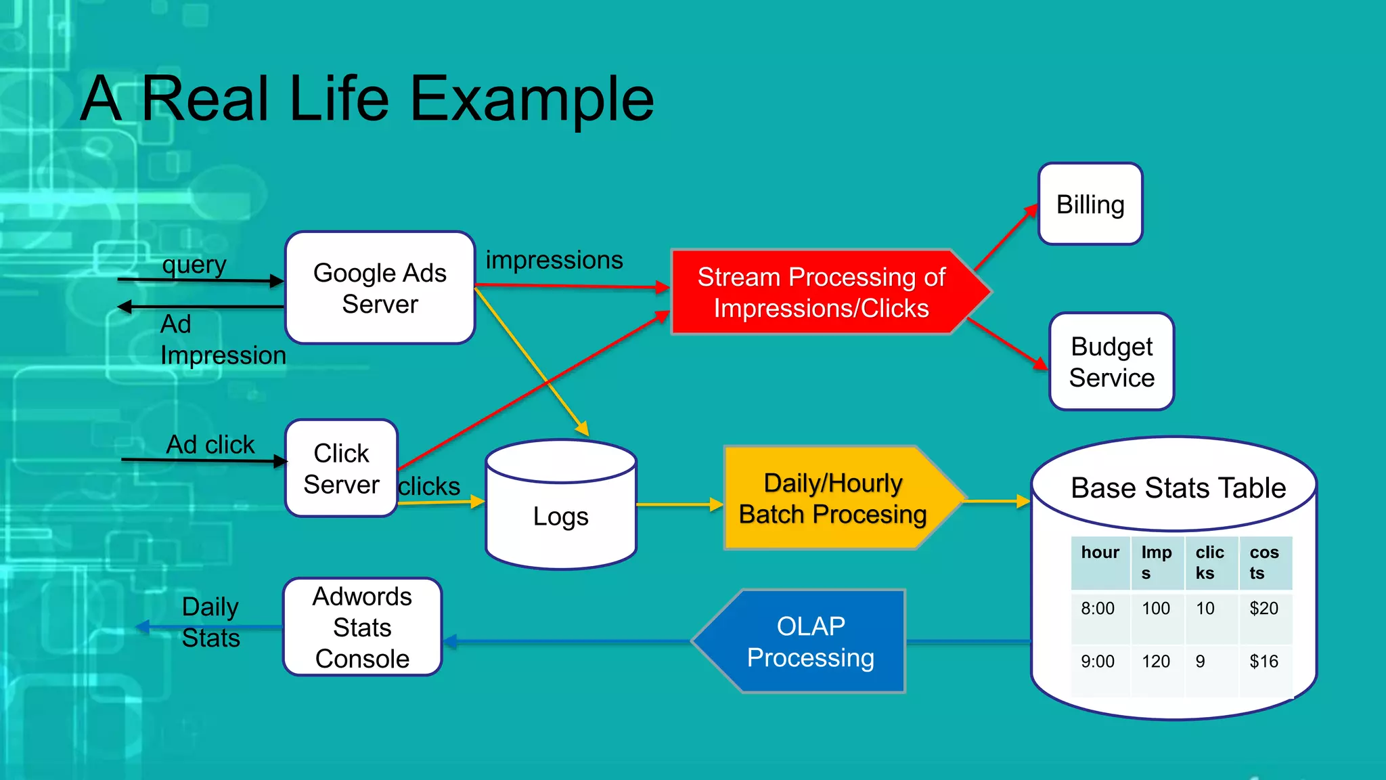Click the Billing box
[x=1090, y=204]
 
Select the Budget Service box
[x=1111, y=362]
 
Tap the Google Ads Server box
[x=380, y=288]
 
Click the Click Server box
[x=341, y=469]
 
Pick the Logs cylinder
[x=560, y=517]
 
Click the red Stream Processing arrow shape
[x=821, y=292]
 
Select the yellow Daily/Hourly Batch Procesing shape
[x=832, y=499]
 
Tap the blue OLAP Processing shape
[x=810, y=642]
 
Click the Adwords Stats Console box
[x=362, y=628]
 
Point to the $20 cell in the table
[x=1264, y=609]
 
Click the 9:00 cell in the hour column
[x=1097, y=662]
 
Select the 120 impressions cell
[x=1155, y=662]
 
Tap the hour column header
[x=1100, y=552]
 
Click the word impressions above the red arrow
[x=554, y=260]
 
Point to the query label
[x=194, y=265]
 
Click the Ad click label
[x=210, y=445]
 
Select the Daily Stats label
[x=210, y=622]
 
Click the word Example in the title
[x=532, y=99]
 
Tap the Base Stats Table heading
[x=1178, y=488]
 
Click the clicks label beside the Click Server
[x=429, y=486]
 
